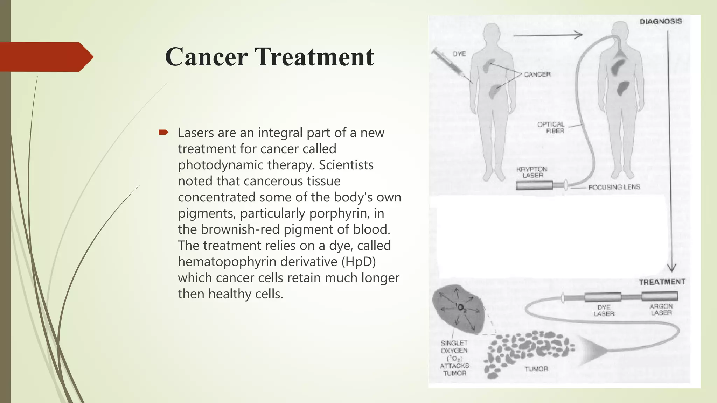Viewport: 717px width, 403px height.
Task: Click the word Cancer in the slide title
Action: (207, 57)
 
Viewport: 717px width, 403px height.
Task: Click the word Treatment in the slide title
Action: (314, 57)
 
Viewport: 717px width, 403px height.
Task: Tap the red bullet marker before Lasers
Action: (163, 132)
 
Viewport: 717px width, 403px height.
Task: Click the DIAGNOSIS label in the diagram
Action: (661, 21)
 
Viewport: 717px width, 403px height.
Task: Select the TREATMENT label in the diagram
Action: (662, 282)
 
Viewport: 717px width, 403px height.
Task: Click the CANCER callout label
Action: (537, 74)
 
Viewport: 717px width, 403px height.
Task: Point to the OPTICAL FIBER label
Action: (551, 128)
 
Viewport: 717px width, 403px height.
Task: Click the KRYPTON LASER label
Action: (532, 172)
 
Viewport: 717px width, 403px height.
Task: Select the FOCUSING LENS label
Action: (614, 187)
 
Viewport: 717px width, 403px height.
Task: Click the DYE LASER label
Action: (604, 310)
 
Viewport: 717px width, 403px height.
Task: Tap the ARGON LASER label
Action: (661, 309)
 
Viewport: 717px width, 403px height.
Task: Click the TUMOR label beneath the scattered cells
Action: (536, 369)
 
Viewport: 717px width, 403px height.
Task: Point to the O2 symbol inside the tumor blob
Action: (461, 308)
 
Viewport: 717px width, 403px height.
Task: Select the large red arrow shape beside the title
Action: (46, 57)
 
